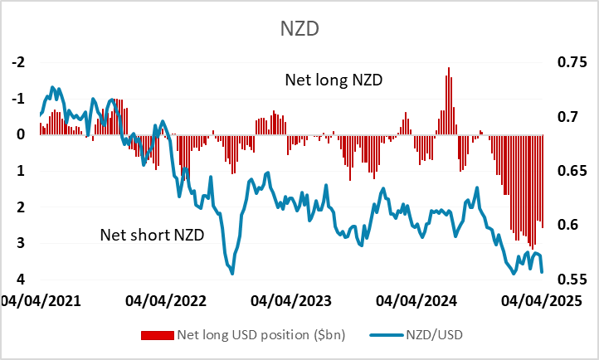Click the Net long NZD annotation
(338, 80)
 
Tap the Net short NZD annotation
(151, 235)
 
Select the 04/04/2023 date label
(290, 300)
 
